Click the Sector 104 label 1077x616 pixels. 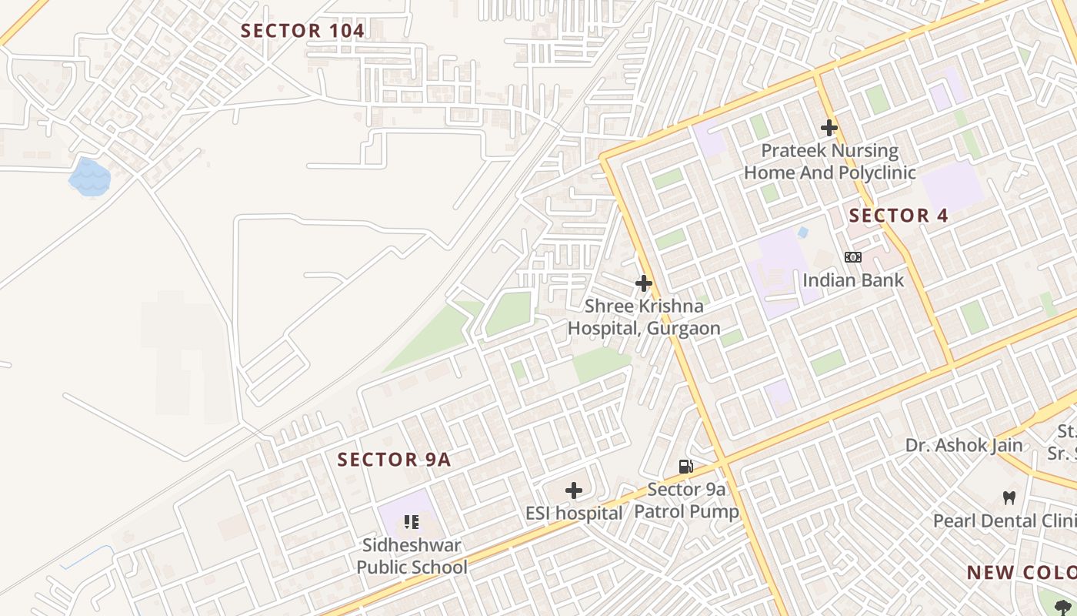(x=302, y=31)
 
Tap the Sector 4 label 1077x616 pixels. (x=899, y=216)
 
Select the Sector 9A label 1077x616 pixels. (x=394, y=460)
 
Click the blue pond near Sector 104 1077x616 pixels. (x=89, y=177)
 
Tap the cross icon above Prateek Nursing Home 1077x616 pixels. (x=829, y=127)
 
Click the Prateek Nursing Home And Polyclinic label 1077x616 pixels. (x=829, y=162)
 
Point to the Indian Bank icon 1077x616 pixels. (x=852, y=257)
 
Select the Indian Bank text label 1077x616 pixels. (x=853, y=280)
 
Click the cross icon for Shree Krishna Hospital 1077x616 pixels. (x=644, y=283)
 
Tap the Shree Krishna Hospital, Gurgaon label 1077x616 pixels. (x=644, y=317)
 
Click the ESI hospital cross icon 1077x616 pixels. (x=573, y=490)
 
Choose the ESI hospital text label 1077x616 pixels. (x=573, y=513)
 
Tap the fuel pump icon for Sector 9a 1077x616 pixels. (x=685, y=466)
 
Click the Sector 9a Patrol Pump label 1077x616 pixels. (x=686, y=500)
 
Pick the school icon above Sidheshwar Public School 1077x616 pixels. (x=411, y=522)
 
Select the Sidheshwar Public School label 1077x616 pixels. (x=412, y=556)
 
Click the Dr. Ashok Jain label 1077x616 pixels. (x=963, y=445)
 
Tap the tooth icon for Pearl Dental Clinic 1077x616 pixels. (x=1009, y=498)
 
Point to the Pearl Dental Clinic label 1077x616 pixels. (x=1004, y=521)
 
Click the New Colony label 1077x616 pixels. (x=1021, y=573)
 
